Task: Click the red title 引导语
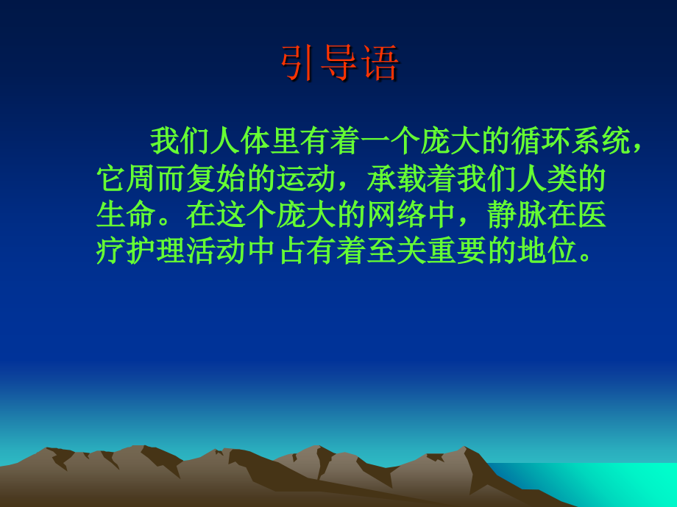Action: point(339,64)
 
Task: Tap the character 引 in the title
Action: point(299,64)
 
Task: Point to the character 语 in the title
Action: point(379,64)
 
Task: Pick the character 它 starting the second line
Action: point(111,179)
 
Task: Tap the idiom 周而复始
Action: point(186,179)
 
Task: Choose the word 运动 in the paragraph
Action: point(307,179)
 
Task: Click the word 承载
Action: point(397,179)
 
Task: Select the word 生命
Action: point(126,215)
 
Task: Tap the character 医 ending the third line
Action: point(592,215)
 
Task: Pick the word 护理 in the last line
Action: point(156,252)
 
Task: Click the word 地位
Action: point(547,252)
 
